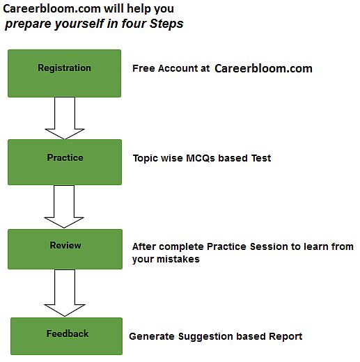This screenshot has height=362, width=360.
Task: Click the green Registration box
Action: tap(64, 73)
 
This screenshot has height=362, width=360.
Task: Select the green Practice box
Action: tap(65, 162)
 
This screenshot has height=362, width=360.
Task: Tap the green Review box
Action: tap(65, 249)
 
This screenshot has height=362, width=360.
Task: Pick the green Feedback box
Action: tap(66, 336)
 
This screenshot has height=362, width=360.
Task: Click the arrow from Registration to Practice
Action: tap(65, 118)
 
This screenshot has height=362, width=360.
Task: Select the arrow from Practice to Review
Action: tap(64, 207)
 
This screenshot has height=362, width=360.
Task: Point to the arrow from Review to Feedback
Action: tap(65, 293)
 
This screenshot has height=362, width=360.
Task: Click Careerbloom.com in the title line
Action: tap(52, 9)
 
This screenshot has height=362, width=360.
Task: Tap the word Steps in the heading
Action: tap(166, 24)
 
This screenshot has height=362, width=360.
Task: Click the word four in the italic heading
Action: tap(134, 24)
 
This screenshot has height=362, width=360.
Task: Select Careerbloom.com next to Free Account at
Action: tap(263, 69)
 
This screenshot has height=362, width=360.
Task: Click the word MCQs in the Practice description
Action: tap(201, 158)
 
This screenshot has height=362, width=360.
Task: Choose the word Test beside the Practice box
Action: tap(261, 158)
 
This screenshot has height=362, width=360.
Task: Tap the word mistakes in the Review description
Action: tap(178, 259)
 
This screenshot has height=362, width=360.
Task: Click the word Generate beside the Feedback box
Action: tap(152, 336)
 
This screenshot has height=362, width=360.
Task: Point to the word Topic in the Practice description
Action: tap(145, 159)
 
